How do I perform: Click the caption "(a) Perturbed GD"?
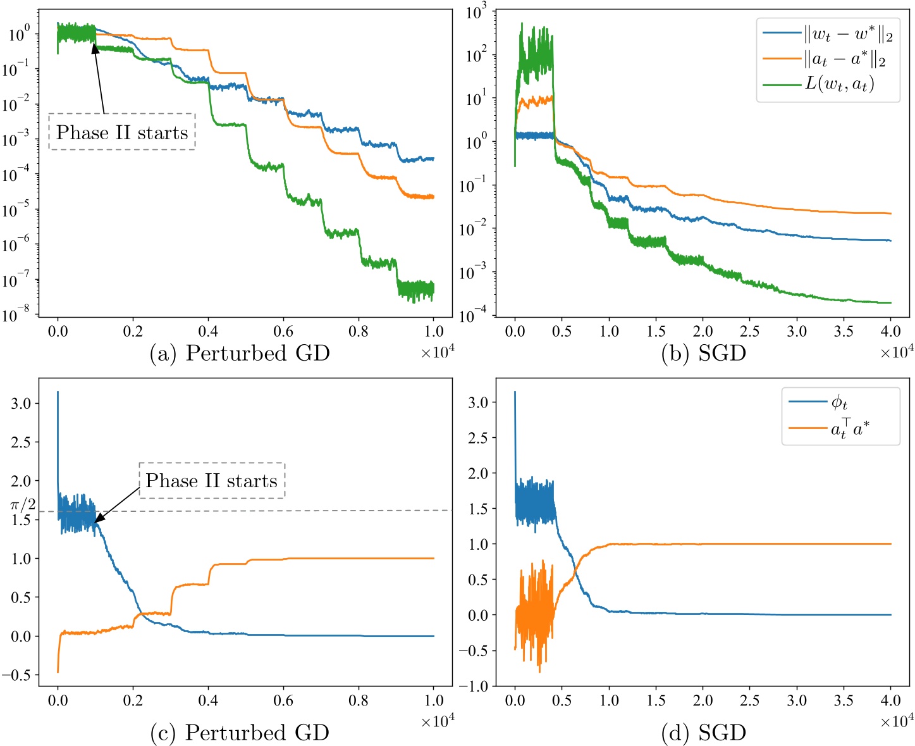tap(240, 353)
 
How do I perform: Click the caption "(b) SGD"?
tap(703, 353)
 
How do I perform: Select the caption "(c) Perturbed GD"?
tap(240, 733)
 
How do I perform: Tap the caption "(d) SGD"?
tap(703, 733)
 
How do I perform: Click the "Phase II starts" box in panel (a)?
tap(122, 132)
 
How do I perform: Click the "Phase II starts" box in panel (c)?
tap(212, 481)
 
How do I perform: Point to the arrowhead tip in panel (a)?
tap(94, 43)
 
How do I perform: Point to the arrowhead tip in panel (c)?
tap(95, 523)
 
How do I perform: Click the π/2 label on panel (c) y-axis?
tap(23, 505)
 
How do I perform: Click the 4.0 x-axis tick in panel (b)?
tap(890, 332)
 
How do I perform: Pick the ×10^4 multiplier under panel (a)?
tap(438, 352)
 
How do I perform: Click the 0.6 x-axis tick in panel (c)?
tap(283, 700)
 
